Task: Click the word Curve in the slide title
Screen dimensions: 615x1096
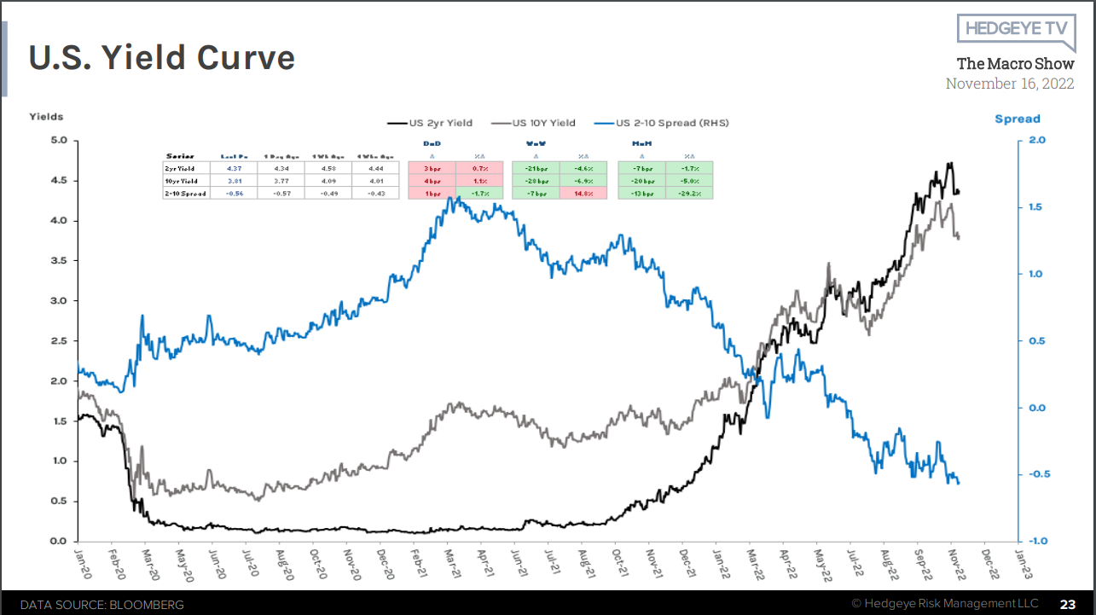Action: click(x=246, y=57)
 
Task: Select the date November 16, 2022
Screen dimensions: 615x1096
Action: click(x=1009, y=84)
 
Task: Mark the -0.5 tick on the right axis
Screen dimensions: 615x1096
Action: click(x=1034, y=474)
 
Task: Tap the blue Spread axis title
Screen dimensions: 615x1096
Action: click(x=1018, y=119)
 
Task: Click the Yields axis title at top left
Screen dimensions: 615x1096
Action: click(x=46, y=116)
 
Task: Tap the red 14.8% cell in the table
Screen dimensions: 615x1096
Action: click(x=584, y=194)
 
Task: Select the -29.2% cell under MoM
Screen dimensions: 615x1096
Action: click(x=689, y=194)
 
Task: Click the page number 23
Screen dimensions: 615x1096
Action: click(x=1068, y=604)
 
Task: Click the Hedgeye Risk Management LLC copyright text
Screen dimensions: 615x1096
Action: click(x=944, y=604)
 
